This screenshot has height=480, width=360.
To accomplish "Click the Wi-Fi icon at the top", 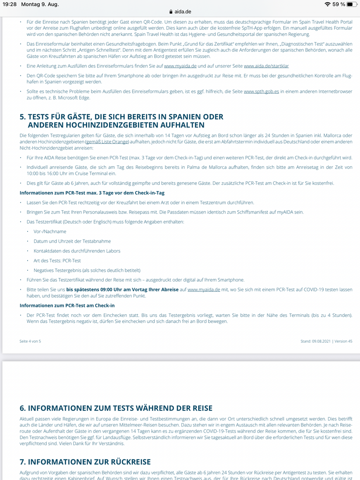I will (x=328, y=4).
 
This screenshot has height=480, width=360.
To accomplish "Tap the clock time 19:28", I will (x=9, y=4).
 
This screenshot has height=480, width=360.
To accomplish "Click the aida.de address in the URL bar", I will (x=183, y=12).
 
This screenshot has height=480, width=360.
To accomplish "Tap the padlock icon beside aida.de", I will (x=171, y=12).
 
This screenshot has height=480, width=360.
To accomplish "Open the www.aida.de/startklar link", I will (x=266, y=66).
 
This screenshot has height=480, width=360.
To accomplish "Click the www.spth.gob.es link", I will (x=261, y=92).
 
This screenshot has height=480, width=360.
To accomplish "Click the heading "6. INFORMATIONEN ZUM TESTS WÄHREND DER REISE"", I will (x=116, y=408).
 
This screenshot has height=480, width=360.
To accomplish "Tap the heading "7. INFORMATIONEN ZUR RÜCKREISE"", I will (x=85, y=462).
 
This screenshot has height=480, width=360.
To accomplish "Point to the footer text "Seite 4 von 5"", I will (x=30, y=341).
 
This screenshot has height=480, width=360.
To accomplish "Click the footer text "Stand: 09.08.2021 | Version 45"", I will (x=326, y=341).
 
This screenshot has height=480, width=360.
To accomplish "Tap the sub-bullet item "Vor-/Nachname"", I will (x=50, y=231).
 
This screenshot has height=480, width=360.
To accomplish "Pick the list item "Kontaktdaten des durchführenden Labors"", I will (x=77, y=251).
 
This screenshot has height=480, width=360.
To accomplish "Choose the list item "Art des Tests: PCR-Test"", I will (x=57, y=261).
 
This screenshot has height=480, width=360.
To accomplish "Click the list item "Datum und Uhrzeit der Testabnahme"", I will (x=72, y=241).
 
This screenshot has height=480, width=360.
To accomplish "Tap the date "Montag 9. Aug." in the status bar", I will (x=40, y=4).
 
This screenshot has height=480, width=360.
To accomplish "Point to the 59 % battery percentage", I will (x=339, y=4).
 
